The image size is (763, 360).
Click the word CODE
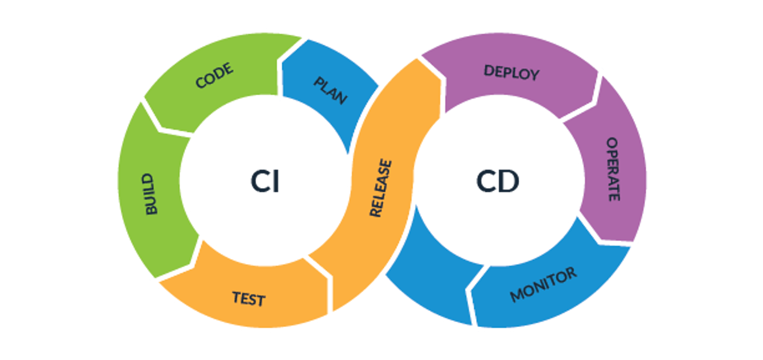click(214, 76)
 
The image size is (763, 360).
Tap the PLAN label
click(330, 91)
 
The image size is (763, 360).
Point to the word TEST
click(249, 299)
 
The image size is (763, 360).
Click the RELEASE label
click(381, 188)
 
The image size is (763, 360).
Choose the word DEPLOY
click(511, 72)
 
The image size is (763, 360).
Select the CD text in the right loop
click(497, 181)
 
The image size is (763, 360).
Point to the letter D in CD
click(509, 181)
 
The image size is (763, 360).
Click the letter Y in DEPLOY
click(534, 74)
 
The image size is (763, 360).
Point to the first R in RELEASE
click(376, 212)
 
